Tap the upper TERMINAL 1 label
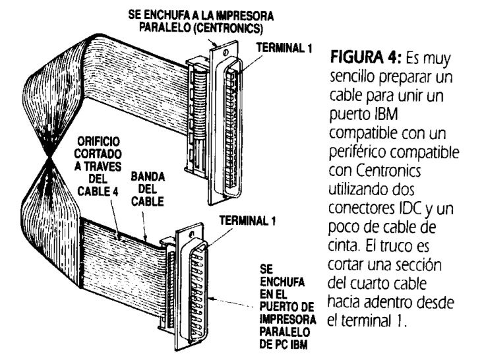point(281,48)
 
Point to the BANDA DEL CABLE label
point(148,190)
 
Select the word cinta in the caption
point(341,254)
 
